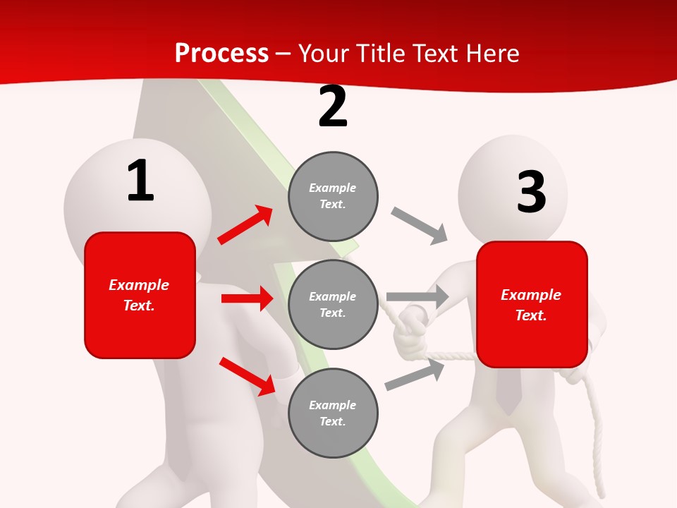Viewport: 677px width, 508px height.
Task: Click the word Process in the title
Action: (x=221, y=54)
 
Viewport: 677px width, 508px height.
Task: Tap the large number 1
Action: (x=140, y=181)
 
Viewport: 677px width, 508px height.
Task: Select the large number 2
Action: (x=333, y=107)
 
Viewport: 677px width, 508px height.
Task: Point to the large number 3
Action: (x=531, y=192)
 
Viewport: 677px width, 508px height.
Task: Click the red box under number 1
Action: (x=140, y=295)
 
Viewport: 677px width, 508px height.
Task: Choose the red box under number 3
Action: (x=532, y=305)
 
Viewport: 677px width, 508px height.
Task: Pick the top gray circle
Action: (x=333, y=196)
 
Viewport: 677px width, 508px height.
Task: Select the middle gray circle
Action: (x=333, y=304)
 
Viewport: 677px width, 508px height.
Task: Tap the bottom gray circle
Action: (x=333, y=413)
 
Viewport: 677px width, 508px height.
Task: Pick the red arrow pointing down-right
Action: (x=247, y=376)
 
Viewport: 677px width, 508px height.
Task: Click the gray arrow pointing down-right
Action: (x=420, y=226)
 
